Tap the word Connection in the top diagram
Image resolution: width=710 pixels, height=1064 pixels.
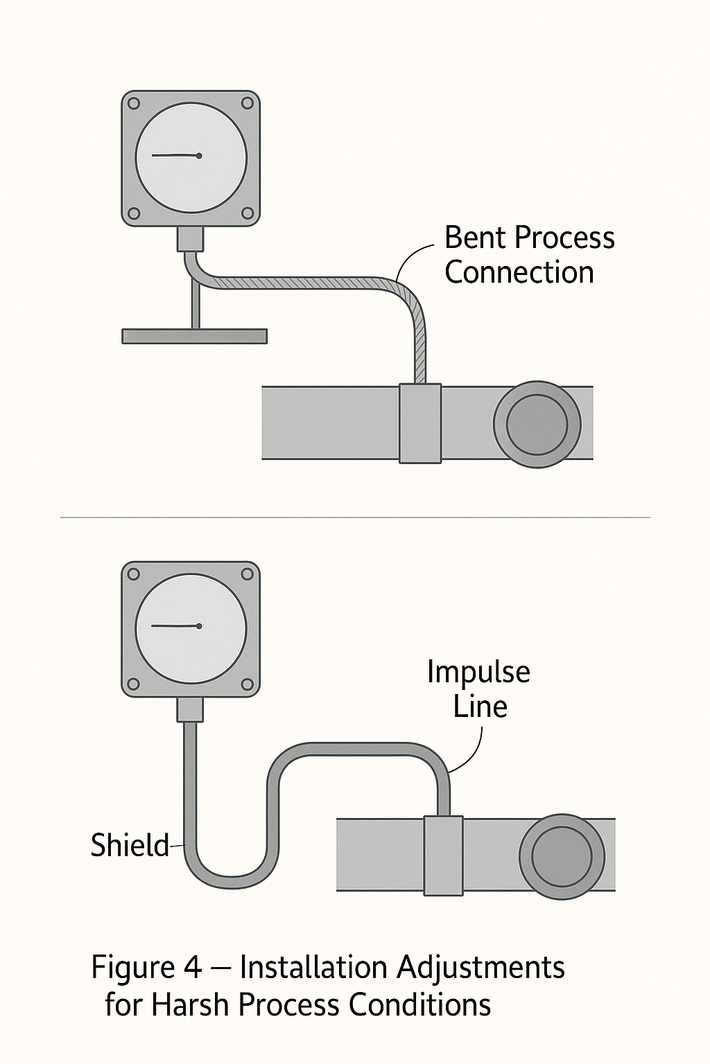tap(519, 272)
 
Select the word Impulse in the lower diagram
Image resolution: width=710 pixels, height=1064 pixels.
tap(478, 672)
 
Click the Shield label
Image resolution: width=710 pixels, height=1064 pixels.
tap(130, 846)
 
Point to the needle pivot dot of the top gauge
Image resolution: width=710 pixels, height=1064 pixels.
tap(199, 156)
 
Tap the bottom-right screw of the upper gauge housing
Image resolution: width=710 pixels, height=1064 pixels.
tap(248, 213)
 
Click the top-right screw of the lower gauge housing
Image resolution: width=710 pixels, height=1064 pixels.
tap(248, 574)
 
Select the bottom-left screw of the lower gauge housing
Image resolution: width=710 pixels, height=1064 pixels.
tap(135, 684)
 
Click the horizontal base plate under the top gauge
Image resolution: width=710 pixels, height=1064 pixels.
tap(194, 336)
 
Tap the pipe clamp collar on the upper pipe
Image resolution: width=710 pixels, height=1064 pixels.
tap(420, 423)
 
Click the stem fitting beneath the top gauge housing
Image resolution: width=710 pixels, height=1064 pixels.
tap(190, 238)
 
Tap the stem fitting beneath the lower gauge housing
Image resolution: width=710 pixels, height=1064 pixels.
tap(190, 709)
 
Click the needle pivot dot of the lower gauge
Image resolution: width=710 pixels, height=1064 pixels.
tap(199, 626)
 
